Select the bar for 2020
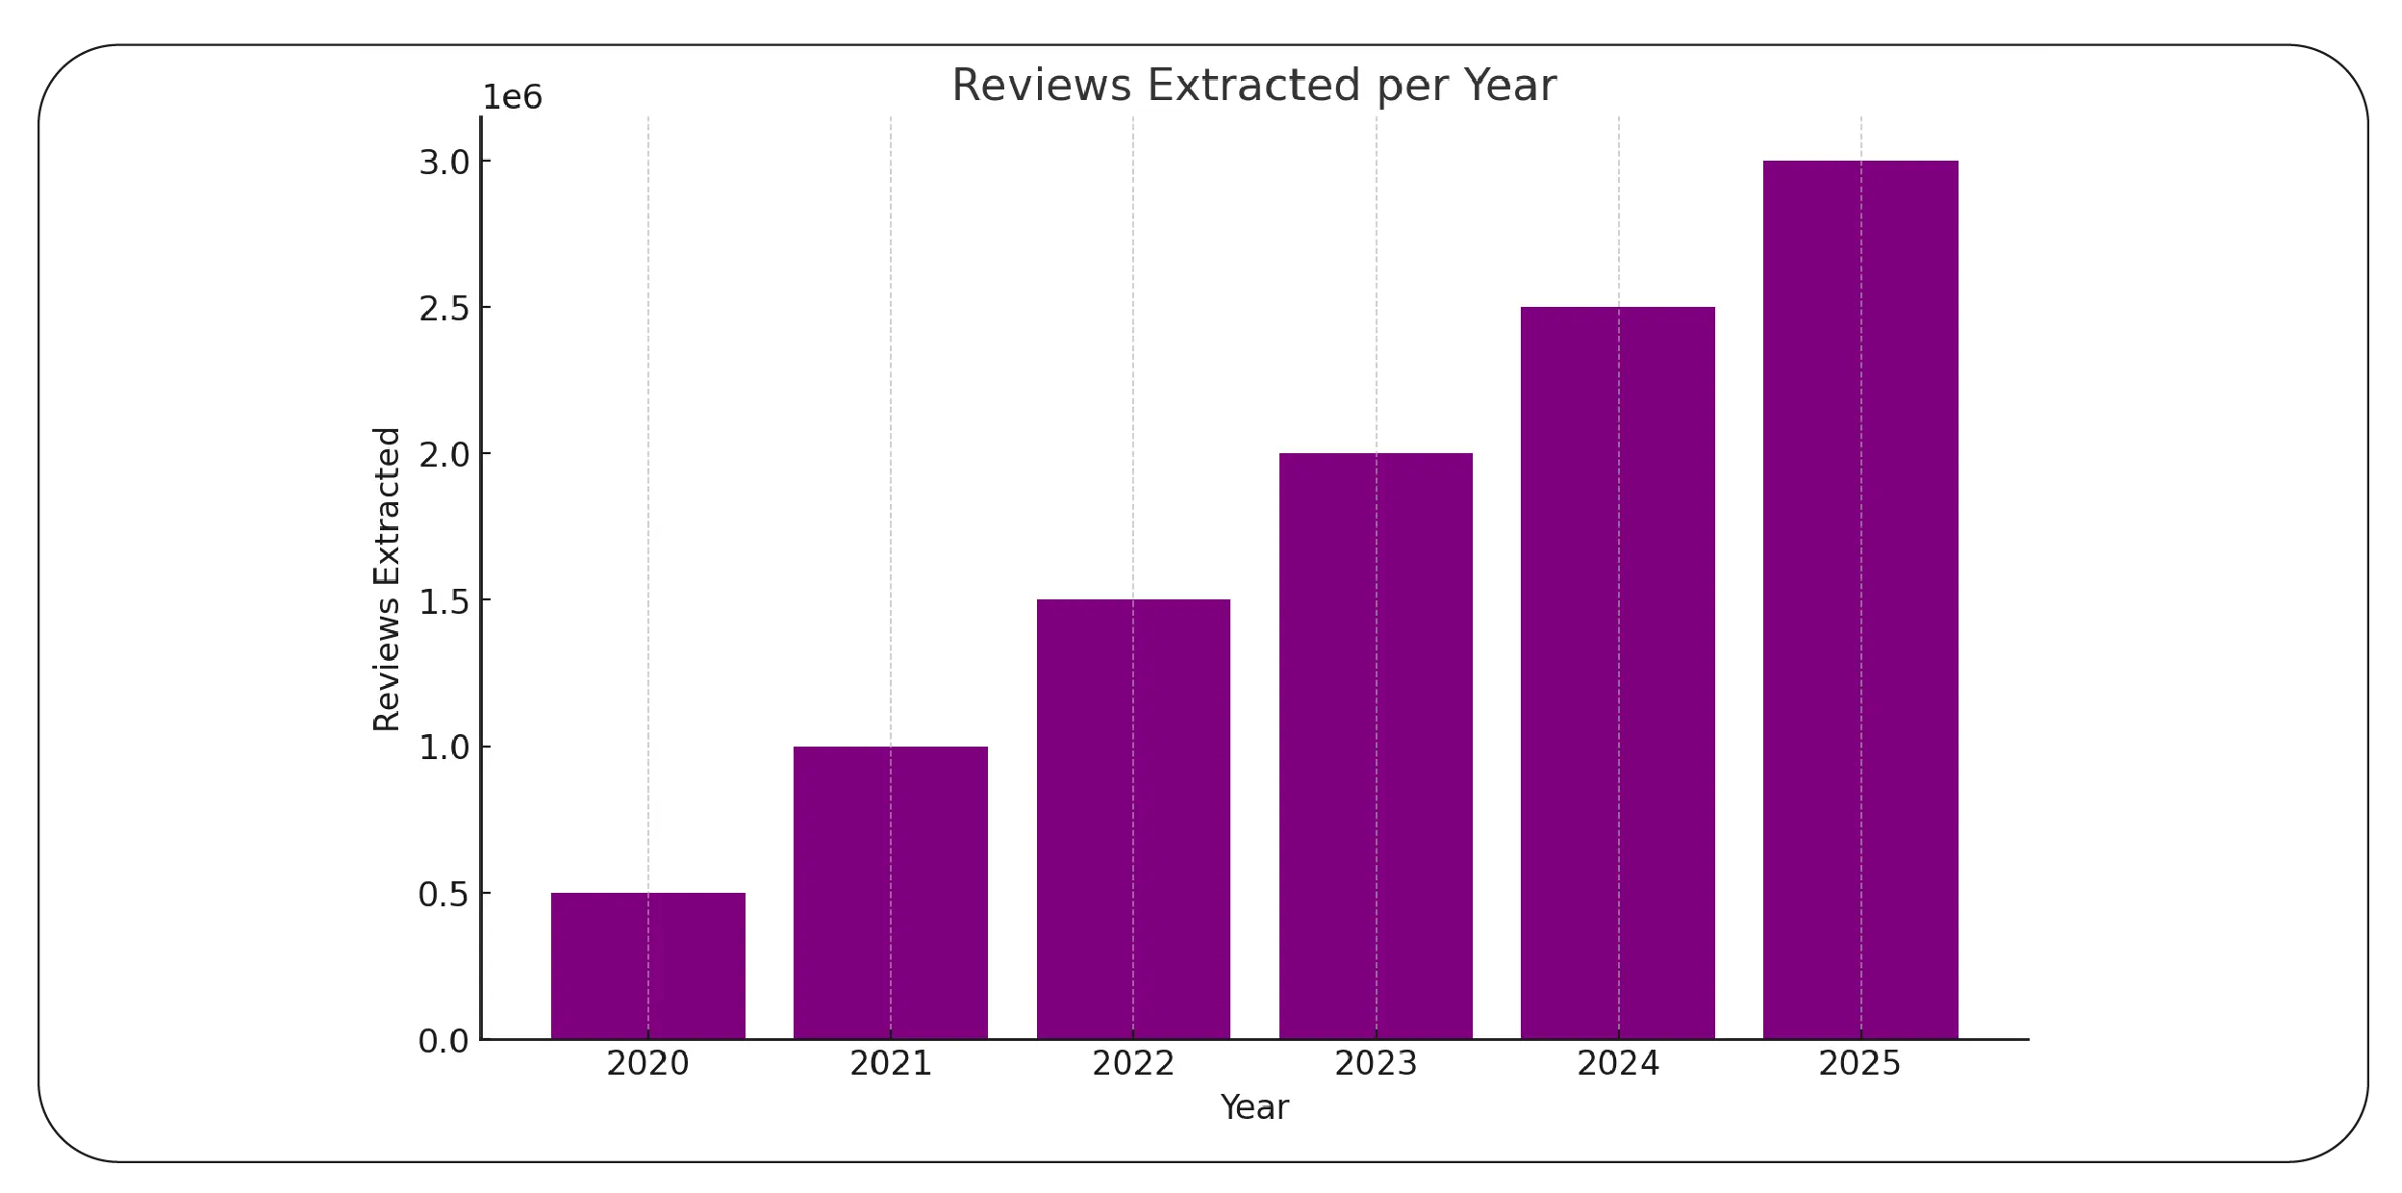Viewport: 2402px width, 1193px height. (647, 966)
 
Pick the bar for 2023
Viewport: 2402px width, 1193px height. (1376, 747)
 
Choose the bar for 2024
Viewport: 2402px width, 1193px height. (1618, 673)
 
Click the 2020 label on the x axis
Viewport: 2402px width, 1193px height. (647, 1063)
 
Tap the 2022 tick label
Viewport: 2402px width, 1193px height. (1132, 1063)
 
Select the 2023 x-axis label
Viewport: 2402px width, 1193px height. (1376, 1063)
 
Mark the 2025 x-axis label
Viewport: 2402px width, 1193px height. (1859, 1063)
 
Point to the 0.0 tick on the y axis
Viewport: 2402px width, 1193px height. (443, 1041)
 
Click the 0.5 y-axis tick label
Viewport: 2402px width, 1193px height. (443, 895)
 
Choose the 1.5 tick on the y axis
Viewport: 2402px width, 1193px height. (443, 601)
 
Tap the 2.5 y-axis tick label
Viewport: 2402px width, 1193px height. (443, 309)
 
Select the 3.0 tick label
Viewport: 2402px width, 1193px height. (443, 163)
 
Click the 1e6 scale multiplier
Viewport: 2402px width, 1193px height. (512, 97)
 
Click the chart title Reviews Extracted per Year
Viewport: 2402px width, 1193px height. (1253, 85)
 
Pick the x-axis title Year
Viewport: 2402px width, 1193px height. (1253, 1107)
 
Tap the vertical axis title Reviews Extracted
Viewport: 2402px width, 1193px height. (387, 579)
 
